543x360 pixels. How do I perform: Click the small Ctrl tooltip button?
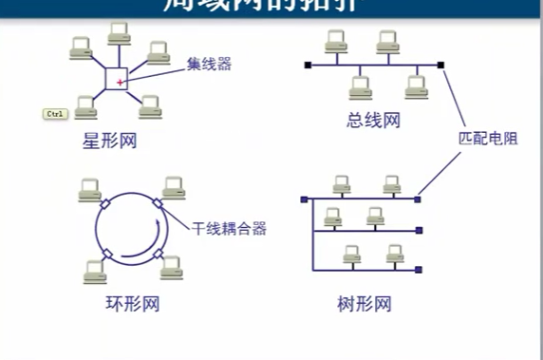coord(54,114)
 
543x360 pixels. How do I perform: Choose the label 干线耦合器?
coord(229,228)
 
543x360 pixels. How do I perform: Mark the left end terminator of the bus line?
coord(307,66)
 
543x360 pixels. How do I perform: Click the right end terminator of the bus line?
coord(441,66)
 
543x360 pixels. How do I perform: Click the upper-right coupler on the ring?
coord(157,203)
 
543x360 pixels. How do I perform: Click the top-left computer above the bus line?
coord(333,42)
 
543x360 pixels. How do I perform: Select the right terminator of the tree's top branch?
coord(418,199)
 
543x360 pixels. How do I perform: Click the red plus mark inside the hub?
coord(120,83)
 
